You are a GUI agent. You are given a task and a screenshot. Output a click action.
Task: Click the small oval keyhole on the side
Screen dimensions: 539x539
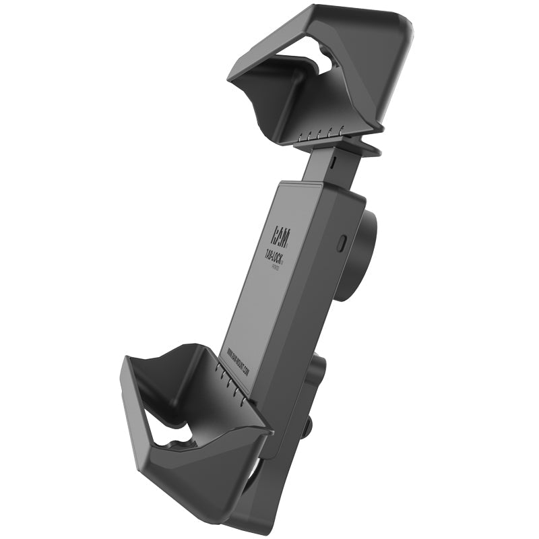(342, 241)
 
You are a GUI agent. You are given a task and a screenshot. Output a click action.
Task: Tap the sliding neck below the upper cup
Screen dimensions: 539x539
(320, 165)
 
